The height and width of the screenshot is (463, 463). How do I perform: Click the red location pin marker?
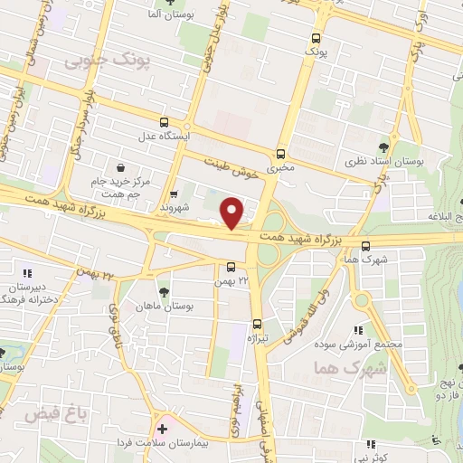232,213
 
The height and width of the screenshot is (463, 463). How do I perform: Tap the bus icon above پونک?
316,39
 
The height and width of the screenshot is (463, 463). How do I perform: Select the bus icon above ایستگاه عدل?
164,122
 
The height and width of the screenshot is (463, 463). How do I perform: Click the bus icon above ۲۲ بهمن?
231,266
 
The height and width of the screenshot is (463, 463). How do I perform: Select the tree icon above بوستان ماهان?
163,291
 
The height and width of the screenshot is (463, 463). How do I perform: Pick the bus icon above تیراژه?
257,323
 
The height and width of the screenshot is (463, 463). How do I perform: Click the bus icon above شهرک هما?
365,245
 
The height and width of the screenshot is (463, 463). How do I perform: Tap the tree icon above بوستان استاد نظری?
384,146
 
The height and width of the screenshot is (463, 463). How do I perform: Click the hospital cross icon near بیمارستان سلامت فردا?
162,429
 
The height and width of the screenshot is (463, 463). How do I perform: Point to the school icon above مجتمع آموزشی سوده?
359,331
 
